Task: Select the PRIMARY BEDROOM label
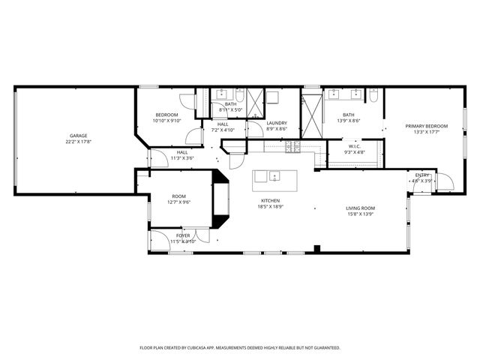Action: coord(427,126)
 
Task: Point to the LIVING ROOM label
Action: coord(360,208)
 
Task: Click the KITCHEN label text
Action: coord(270,201)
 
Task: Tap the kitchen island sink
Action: coord(275,177)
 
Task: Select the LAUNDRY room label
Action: coord(277,123)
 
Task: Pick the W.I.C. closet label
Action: coord(355,146)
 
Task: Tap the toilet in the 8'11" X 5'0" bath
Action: coord(237,95)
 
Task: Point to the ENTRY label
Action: coord(422,175)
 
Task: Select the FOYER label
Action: coord(183,235)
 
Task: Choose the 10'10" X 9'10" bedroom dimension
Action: coord(167,121)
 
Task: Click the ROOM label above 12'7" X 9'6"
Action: coord(179,196)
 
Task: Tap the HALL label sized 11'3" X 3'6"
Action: coord(182,152)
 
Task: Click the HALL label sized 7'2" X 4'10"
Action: coord(223,124)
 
